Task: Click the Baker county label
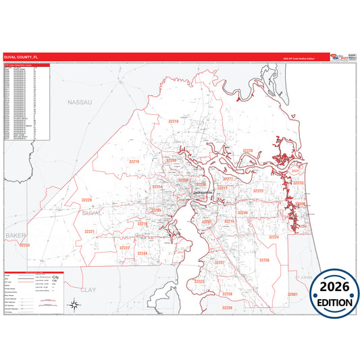[14, 235]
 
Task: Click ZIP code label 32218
[173, 121]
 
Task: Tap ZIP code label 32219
[133, 162]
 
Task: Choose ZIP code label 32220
[86, 200]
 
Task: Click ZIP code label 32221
[90, 232]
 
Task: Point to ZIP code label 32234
[25, 245]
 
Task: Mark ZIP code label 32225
[258, 191]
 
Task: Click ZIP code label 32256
[265, 259]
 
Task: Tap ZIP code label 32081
[292, 294]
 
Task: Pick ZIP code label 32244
[143, 253]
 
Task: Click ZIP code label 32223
[199, 281]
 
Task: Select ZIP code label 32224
[274, 237]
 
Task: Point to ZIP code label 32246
[243, 213]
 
